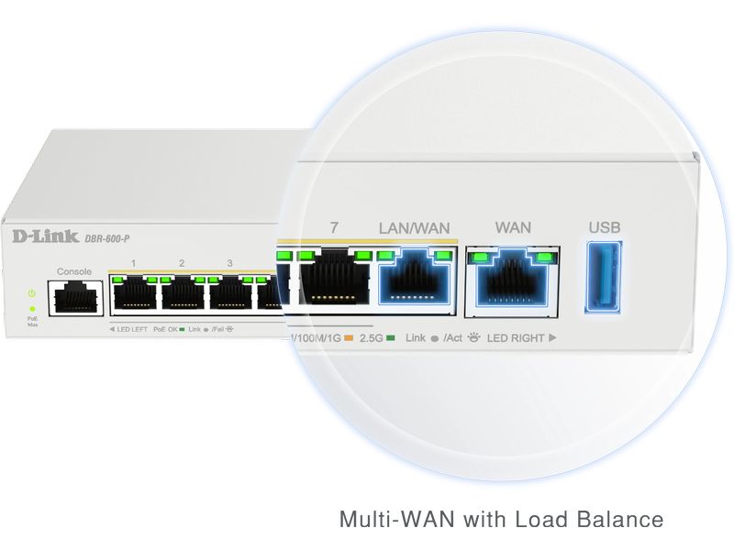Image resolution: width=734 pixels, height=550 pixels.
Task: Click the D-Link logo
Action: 45,238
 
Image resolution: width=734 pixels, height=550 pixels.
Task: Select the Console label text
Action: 74,271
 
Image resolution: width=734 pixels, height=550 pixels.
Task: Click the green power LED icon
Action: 32,293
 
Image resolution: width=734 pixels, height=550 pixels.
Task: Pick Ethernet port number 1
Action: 133,294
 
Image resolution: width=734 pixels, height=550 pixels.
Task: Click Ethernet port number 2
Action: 182,294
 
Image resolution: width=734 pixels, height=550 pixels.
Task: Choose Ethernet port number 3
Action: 229,294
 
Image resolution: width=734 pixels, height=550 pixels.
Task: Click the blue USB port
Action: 604,276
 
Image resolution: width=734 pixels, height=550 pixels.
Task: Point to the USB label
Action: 604,227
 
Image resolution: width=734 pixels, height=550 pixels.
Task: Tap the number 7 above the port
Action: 334,227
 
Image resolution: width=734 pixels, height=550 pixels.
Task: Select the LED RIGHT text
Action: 516,338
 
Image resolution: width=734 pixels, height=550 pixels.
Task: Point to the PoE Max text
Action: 32,322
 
